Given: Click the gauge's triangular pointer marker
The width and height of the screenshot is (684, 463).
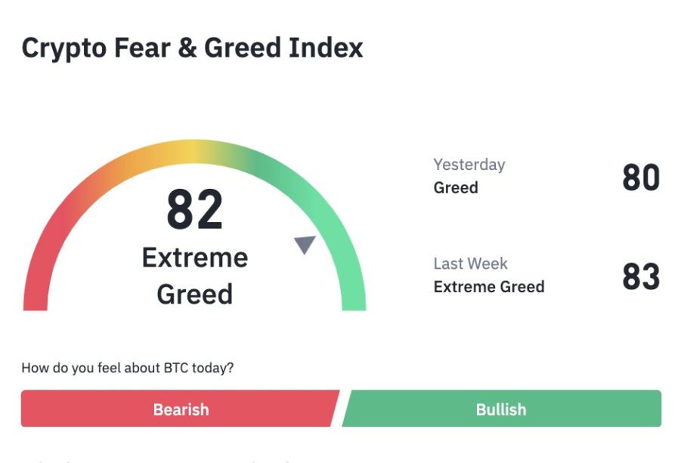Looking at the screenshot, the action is (305, 244).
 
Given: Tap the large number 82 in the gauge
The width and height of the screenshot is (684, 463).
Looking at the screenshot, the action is (194, 209).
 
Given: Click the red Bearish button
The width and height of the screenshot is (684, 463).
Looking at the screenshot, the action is (180, 409).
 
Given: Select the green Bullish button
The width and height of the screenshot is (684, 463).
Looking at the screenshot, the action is (502, 409).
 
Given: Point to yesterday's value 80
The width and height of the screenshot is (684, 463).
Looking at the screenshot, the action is (641, 177).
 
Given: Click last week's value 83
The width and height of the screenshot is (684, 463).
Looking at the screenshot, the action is (641, 276).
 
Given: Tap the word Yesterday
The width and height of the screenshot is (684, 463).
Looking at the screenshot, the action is (469, 165).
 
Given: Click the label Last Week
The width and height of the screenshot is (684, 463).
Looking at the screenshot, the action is (471, 264).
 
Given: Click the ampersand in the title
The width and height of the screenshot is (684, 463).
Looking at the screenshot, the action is (187, 47).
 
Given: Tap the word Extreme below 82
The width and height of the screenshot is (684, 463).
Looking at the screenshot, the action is (195, 258).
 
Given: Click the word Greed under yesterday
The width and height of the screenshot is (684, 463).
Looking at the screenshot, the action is (456, 188).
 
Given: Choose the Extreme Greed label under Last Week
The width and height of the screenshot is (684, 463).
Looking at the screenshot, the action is (489, 287).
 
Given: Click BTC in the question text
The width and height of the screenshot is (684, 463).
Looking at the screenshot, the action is (176, 368).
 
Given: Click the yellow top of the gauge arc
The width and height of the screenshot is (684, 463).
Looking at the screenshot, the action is (194, 152).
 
